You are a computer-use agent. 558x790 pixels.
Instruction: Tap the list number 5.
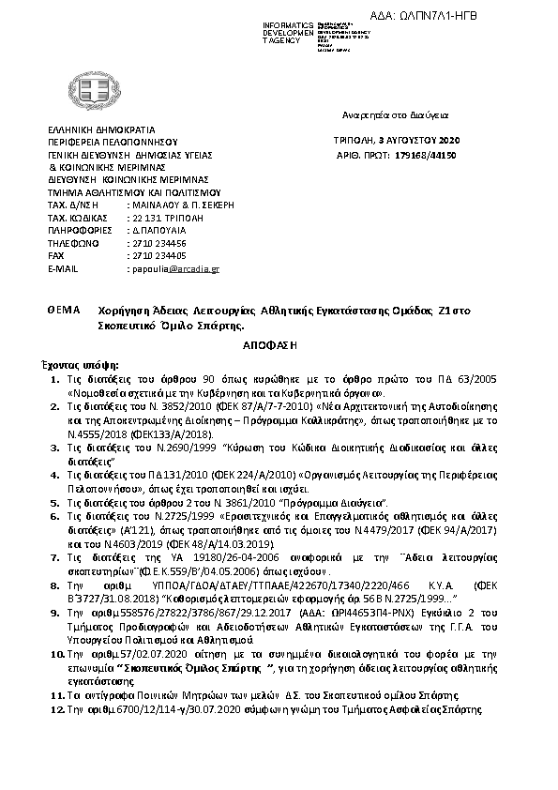coord(57,503)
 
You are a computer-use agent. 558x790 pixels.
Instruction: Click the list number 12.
coord(55,710)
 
